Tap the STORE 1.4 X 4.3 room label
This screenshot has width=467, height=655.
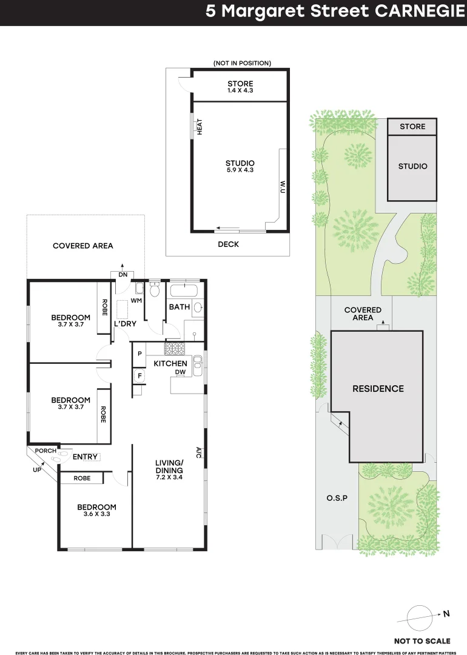[x=240, y=87]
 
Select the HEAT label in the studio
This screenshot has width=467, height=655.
[x=199, y=126]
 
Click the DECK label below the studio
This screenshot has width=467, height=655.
[x=228, y=244]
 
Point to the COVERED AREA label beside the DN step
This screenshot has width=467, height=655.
[x=82, y=246]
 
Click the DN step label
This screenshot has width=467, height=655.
[x=123, y=274]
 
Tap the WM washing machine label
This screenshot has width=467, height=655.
[x=136, y=300]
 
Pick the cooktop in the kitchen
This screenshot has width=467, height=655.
[x=175, y=349]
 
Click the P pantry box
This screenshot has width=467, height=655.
[x=139, y=354]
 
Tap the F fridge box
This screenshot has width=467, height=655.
[x=139, y=376]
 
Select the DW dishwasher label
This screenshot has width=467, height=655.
[x=180, y=372]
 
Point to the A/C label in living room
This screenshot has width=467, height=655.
[x=198, y=452]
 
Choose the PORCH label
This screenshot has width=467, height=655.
[x=45, y=451]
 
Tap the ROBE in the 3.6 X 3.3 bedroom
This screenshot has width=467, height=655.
[x=82, y=479]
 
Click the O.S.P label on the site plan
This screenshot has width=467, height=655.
[x=337, y=498]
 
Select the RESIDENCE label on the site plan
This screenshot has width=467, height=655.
[x=378, y=389]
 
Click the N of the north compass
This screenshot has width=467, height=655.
[x=446, y=614]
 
